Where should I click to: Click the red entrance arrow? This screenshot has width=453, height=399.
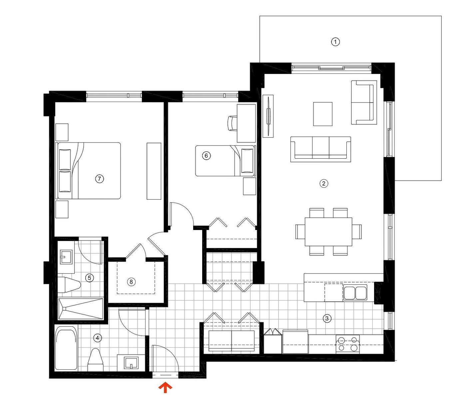(x=165, y=387)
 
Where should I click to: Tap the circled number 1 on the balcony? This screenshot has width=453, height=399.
(x=335, y=42)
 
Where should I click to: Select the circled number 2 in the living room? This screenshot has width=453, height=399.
(x=323, y=183)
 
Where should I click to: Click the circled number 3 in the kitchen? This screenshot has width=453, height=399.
(x=327, y=318)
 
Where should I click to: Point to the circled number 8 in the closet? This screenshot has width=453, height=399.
(x=131, y=282)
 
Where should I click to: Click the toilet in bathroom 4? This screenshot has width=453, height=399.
(x=96, y=360)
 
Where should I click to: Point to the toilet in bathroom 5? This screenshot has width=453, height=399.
(x=69, y=285)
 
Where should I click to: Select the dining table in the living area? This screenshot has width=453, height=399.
(x=328, y=232)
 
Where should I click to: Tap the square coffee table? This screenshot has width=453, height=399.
(x=323, y=114)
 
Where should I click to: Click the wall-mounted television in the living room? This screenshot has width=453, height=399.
(x=268, y=116)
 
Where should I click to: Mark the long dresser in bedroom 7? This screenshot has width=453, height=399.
(x=154, y=171)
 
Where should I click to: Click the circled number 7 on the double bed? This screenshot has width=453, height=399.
(x=99, y=179)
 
